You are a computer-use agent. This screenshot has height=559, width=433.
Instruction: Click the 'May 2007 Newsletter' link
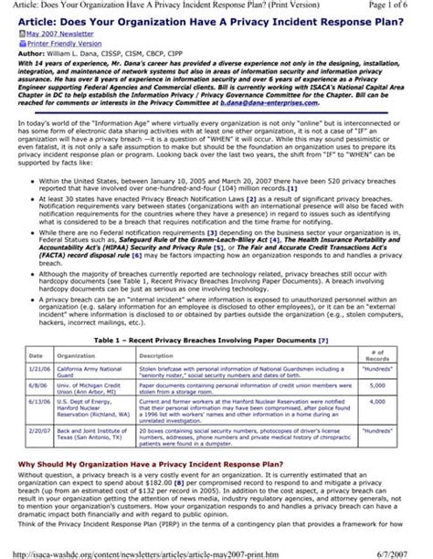(54, 33)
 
